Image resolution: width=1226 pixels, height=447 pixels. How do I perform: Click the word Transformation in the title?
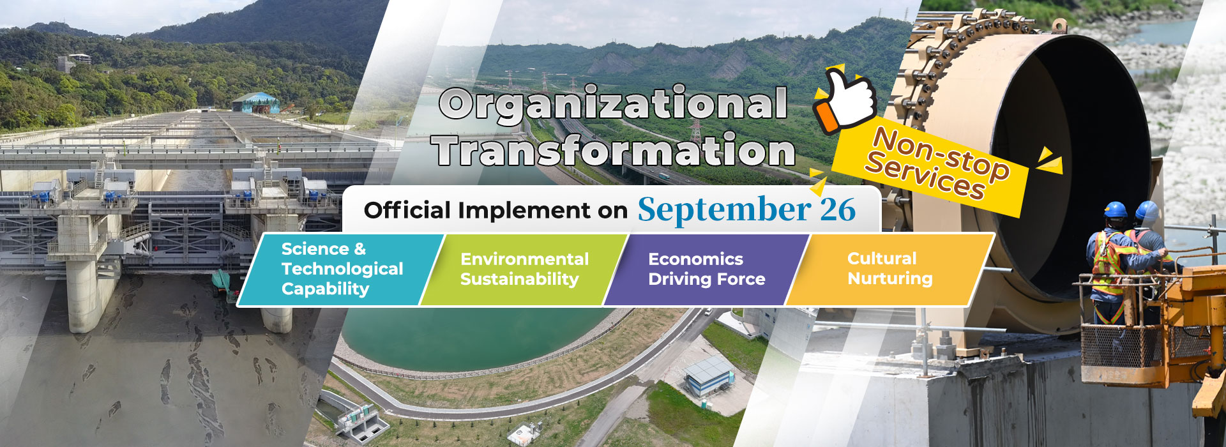(613, 151)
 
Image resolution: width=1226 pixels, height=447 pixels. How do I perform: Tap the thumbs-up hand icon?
(844, 100)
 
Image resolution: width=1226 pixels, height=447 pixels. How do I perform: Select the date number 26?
(838, 209)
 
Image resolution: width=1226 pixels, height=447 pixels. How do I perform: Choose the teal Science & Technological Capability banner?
(341, 269)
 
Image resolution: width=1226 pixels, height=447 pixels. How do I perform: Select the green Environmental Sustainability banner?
(524, 269)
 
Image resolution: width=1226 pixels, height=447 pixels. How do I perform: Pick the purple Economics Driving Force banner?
(707, 269)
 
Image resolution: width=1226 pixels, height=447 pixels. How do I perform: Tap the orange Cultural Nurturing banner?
(889, 269)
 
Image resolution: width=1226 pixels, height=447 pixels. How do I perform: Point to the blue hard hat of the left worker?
(1116, 210)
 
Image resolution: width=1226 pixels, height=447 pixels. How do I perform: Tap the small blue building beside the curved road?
(709, 375)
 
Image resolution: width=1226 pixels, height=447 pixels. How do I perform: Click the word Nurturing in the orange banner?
(890, 279)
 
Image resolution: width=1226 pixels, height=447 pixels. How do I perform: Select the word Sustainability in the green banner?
(520, 280)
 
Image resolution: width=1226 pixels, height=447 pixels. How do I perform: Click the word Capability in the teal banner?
(325, 289)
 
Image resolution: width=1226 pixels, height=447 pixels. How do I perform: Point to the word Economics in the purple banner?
(695, 259)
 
